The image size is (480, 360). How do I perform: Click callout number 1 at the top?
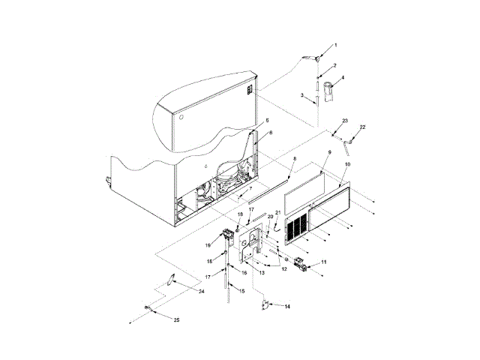pos(335,46)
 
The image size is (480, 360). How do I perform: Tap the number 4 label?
pos(343,77)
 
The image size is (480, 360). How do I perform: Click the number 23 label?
pos(346,121)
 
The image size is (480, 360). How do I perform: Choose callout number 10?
pos(347,163)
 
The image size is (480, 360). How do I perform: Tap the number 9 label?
pos(328,153)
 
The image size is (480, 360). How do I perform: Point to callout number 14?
pos(287,306)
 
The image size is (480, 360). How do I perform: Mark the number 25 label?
pos(177,320)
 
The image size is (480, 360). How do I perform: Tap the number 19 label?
pos(208,244)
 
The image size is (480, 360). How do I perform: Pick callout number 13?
pos(261,273)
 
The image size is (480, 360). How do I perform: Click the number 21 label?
pos(280,213)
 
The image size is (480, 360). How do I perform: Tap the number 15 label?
pos(241,290)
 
